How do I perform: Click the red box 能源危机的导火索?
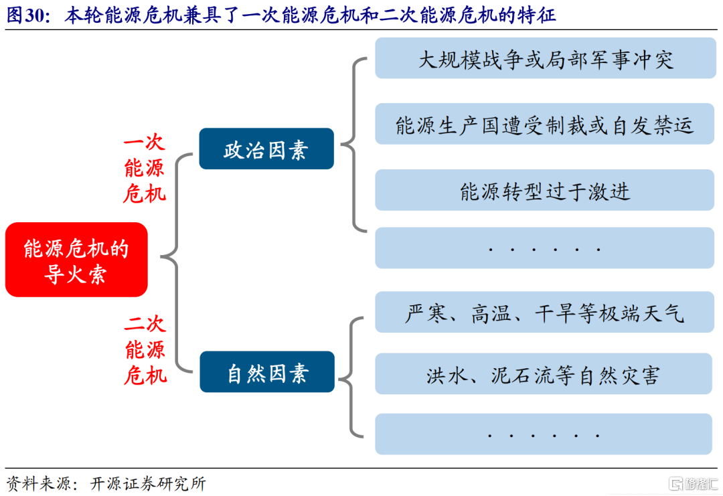(x=76, y=260)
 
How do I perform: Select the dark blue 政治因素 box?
(x=266, y=149)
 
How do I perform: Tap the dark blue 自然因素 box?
(x=267, y=372)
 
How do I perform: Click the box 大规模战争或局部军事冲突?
(x=546, y=58)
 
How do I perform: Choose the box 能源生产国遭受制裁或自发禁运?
(x=544, y=124)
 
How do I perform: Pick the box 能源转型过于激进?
(x=544, y=190)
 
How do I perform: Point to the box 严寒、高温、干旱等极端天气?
(x=544, y=312)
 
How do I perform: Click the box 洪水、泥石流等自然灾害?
(x=544, y=374)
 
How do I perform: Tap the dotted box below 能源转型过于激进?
(x=544, y=248)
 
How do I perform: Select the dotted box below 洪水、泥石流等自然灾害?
(x=544, y=434)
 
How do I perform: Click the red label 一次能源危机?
(x=145, y=168)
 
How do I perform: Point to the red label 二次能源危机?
(x=145, y=350)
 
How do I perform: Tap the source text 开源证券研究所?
(x=148, y=484)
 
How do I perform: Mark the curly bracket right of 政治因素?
(x=353, y=145)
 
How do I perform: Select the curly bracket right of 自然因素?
(x=351, y=377)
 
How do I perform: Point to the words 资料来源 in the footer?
(x=39, y=484)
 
